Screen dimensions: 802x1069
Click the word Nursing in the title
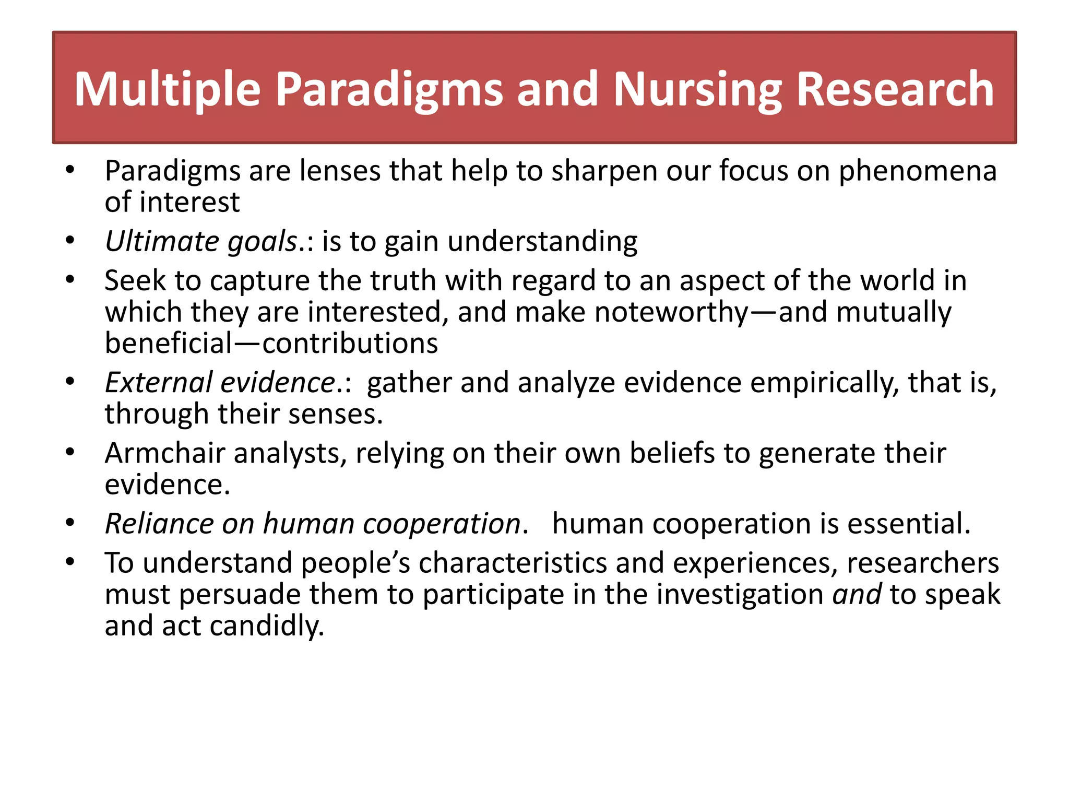click(697, 90)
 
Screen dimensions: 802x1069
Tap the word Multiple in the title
click(167, 90)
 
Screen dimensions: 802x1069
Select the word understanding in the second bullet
click(542, 241)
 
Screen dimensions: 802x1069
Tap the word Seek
click(135, 280)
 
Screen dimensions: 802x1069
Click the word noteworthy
click(671, 312)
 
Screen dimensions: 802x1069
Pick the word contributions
click(350, 344)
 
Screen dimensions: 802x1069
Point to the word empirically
click(825, 382)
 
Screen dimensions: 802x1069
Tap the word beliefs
click(672, 453)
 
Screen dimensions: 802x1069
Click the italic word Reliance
click(159, 524)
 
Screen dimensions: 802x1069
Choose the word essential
click(908, 524)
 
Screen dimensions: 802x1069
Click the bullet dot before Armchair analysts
click(70, 452)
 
